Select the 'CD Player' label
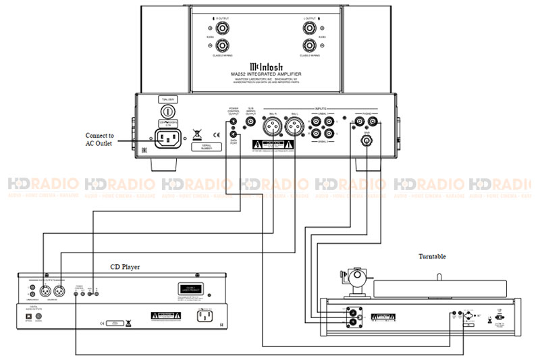tap(125, 267)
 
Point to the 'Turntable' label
tap(432, 257)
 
